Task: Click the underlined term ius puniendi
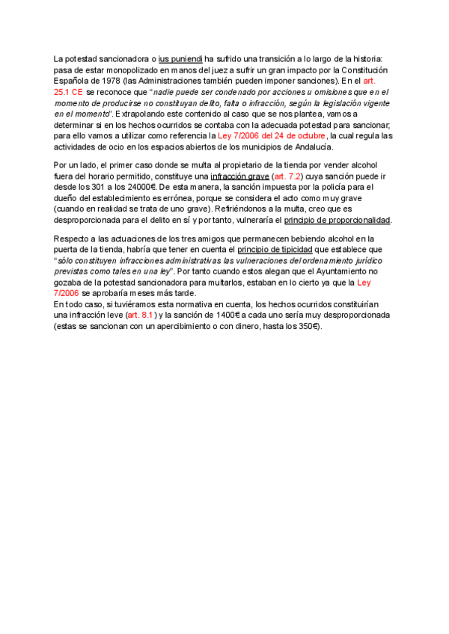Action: tap(180, 58)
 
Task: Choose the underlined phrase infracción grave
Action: tap(239, 176)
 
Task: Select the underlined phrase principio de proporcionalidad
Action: tap(338, 220)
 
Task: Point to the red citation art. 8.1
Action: tap(140, 316)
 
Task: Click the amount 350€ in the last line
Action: tap(307, 327)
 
